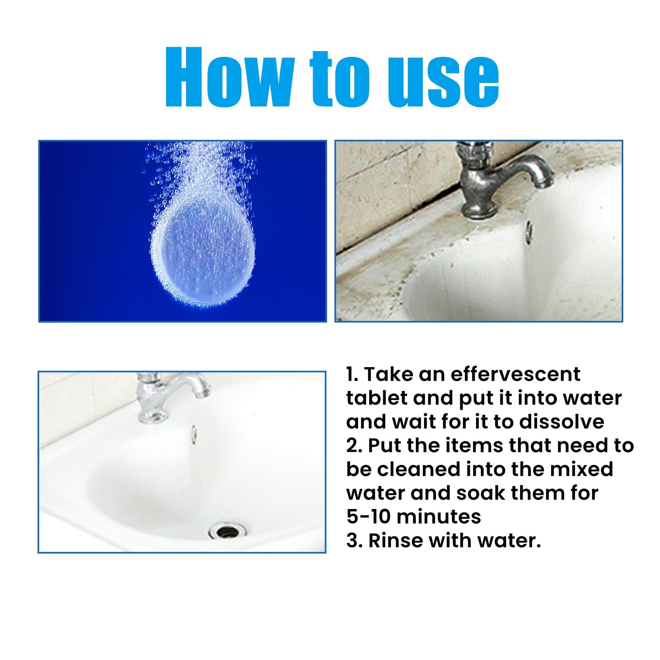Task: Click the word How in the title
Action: pyautogui.click(x=229, y=78)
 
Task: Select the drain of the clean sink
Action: pyautogui.click(x=227, y=531)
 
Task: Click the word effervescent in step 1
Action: pyautogui.click(x=515, y=374)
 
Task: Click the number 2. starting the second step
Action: pyautogui.click(x=354, y=446)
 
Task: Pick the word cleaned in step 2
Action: pyautogui.click(x=418, y=469)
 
